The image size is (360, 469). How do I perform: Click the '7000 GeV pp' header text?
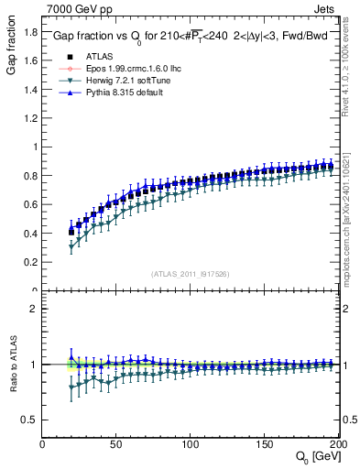pos(75,9)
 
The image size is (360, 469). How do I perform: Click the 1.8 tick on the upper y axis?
pos(30,32)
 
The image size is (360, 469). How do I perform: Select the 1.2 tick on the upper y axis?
pos(30,118)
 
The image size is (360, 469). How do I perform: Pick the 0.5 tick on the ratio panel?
pos(30,420)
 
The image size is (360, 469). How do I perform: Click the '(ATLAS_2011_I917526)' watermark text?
pos(191,273)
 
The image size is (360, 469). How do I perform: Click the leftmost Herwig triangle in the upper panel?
pos(71,246)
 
